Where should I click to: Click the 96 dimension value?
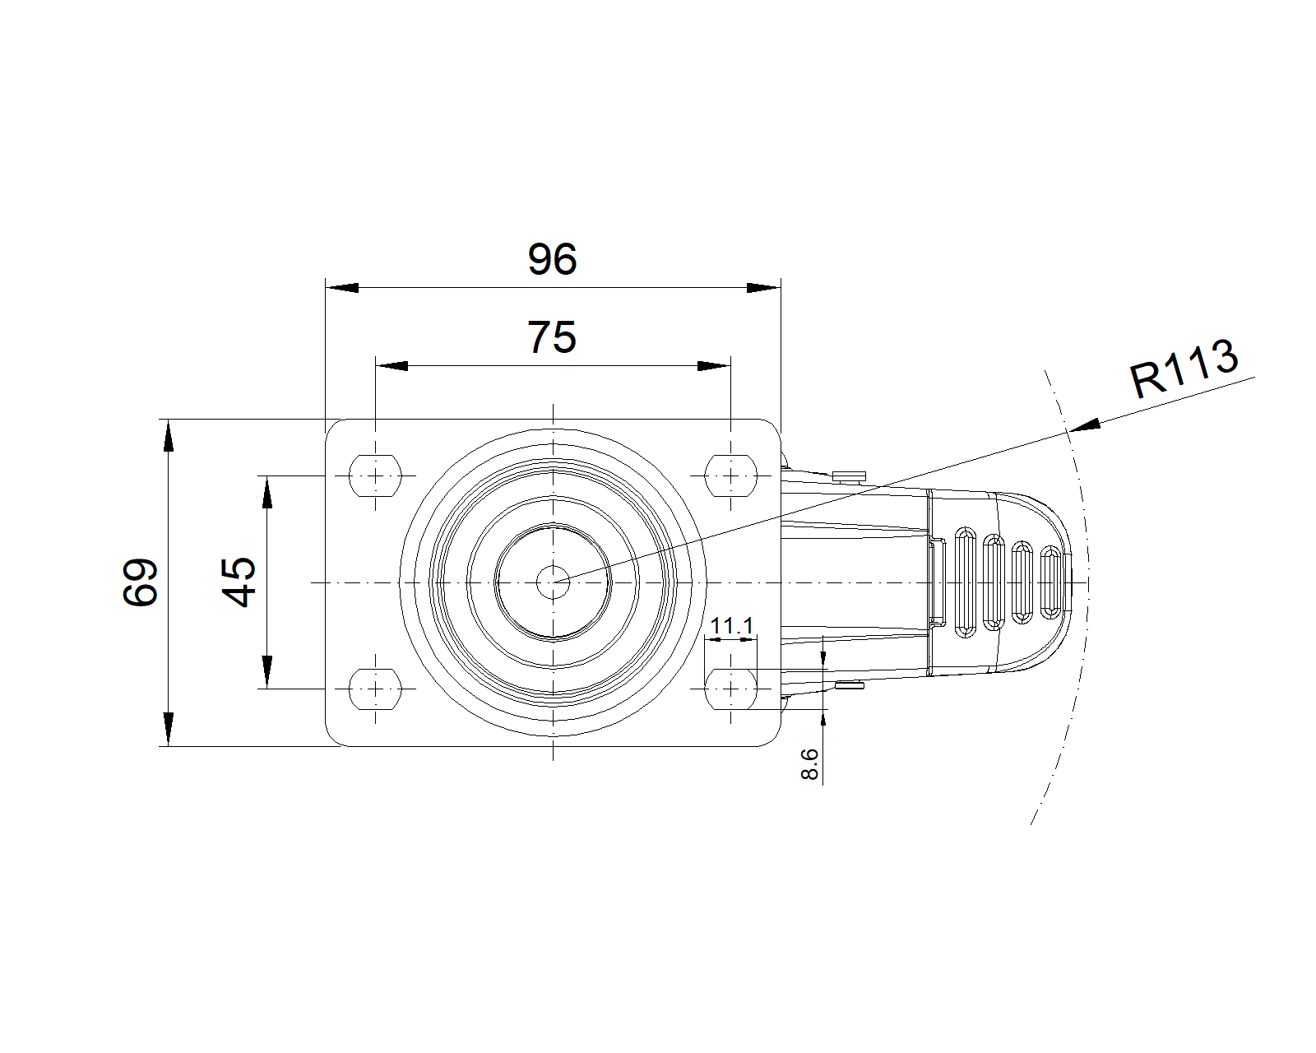click(553, 259)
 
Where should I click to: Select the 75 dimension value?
click(552, 337)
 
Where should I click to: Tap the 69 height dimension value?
click(140, 582)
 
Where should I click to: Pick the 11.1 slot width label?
click(731, 626)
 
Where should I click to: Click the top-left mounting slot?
click(377, 475)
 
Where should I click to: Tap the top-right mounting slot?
click(730, 475)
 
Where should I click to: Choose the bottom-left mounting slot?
click(377, 688)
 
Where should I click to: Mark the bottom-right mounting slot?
click(730, 688)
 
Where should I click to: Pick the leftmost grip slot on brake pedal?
click(965, 584)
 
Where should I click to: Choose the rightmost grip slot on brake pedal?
click(1050, 582)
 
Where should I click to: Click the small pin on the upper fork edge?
click(850, 475)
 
